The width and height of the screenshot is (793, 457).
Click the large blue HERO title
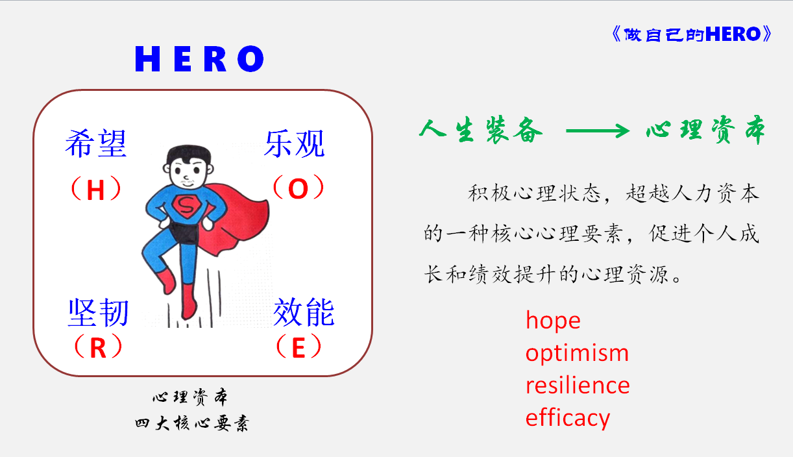pos(199,59)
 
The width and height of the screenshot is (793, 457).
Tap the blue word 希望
pos(96,143)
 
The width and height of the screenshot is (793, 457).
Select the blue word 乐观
pos(295,143)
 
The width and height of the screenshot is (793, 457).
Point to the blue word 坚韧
pos(98,312)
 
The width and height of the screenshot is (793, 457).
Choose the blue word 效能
pos(304,312)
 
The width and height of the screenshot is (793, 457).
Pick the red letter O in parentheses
pos(298,188)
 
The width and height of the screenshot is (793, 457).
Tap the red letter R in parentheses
pos(98,347)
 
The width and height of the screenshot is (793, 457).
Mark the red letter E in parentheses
pos(299,347)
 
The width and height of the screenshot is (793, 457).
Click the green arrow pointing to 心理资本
pos(598,130)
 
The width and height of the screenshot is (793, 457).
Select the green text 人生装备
pos(481,130)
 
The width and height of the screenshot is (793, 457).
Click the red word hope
pos(553,321)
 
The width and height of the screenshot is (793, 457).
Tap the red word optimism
pos(577,354)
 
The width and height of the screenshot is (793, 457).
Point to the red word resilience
pos(578,385)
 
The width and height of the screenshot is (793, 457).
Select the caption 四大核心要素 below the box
pos(192,423)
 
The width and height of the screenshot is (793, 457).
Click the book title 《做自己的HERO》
pos(691,34)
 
